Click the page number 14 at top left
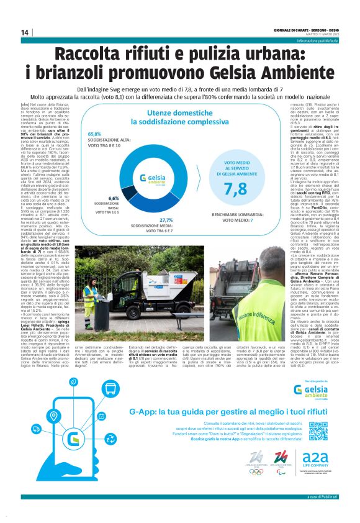coord(25,32)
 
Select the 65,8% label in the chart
coord(94,134)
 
